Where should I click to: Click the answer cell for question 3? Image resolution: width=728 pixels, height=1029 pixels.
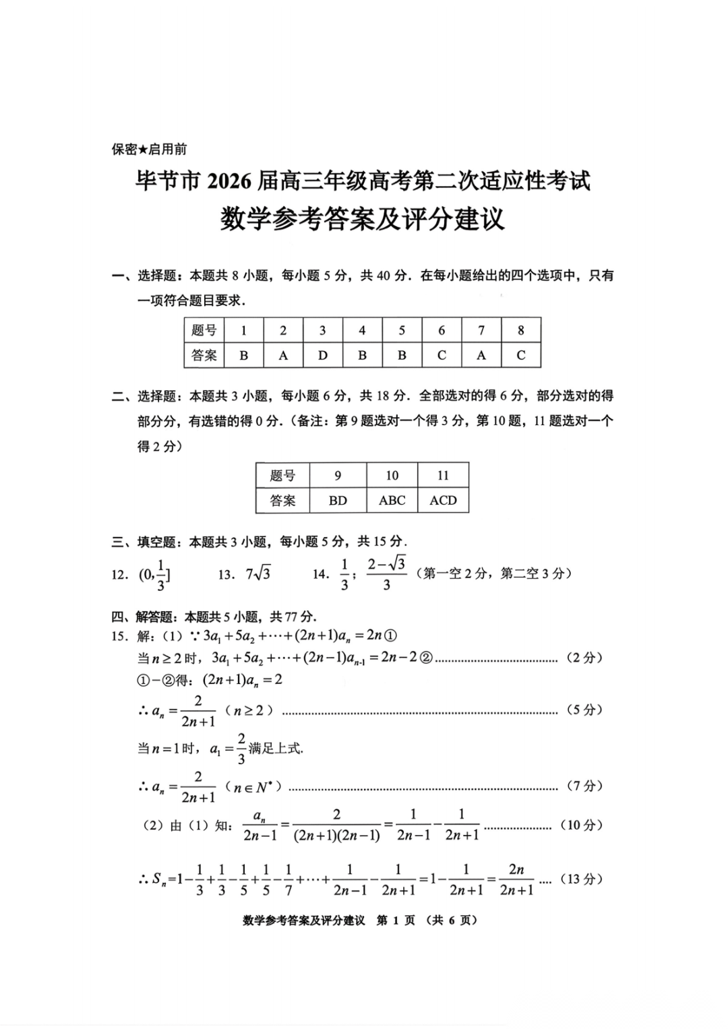click(x=322, y=355)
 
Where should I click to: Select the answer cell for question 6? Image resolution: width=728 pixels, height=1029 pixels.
click(x=442, y=355)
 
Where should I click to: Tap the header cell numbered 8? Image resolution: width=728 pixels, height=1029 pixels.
click(x=520, y=330)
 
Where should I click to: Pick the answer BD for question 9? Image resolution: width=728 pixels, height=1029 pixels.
click(x=338, y=500)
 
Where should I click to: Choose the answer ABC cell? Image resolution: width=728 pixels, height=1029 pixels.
click(x=392, y=500)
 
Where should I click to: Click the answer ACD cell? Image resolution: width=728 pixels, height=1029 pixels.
click(x=443, y=500)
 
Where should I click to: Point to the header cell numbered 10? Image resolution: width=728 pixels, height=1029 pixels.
click(x=392, y=475)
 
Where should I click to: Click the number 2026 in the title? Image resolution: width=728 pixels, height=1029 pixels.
click(x=230, y=181)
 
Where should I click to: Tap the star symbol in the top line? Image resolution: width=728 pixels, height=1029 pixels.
click(x=142, y=150)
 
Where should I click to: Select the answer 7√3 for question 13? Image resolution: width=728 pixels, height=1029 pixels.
click(x=258, y=573)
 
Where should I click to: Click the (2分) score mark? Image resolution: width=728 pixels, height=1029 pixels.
click(x=584, y=658)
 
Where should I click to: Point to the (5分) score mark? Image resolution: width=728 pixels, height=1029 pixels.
click(x=584, y=710)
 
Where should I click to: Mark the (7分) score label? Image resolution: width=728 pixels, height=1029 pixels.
click(x=584, y=786)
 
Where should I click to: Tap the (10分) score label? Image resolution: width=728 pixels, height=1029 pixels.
click(x=580, y=825)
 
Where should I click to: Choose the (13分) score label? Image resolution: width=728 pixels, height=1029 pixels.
click(x=580, y=879)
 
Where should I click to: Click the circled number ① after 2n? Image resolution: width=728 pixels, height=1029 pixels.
click(x=390, y=635)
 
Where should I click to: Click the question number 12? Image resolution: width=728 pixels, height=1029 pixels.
click(x=119, y=575)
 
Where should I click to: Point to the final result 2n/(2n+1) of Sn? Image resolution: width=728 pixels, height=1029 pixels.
click(x=516, y=879)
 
